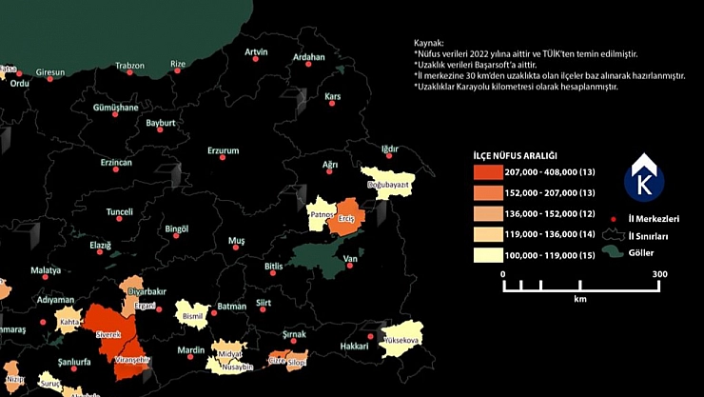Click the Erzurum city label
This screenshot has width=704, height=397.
[223, 150]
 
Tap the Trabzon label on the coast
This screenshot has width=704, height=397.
[129, 66]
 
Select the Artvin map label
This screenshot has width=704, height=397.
[256, 51]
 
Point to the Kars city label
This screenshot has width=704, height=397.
[333, 96]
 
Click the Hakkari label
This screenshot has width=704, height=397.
[354, 347]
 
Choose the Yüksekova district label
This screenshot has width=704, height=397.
[401, 339]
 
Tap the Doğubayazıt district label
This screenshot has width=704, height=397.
[387, 184]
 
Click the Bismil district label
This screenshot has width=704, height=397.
[193, 314]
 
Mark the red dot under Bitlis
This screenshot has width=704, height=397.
[274, 274]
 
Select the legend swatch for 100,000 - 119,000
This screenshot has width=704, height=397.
[490, 255]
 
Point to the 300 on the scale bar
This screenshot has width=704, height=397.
[659, 274]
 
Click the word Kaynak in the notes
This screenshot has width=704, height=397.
[429, 44]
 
